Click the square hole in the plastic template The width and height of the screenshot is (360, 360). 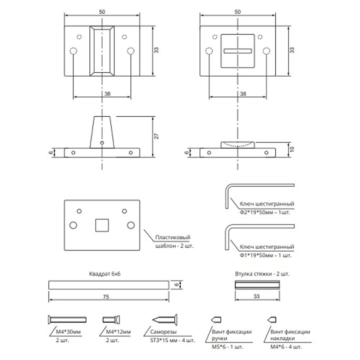[x=102, y=225]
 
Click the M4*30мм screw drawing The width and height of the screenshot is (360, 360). [x=67, y=319]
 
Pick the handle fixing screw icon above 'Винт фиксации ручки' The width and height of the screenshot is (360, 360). [x=216, y=319]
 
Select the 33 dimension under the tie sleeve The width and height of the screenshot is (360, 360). [x=257, y=297]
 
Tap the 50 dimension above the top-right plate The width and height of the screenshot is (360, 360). [x=238, y=12]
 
